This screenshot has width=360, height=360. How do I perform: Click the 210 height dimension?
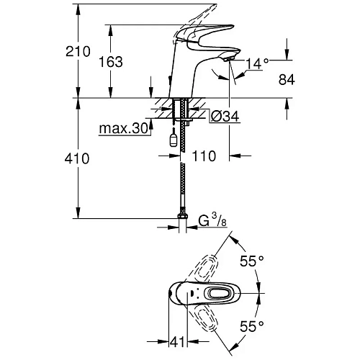[x=78, y=51]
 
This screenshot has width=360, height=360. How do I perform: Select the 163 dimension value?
[x=111, y=62]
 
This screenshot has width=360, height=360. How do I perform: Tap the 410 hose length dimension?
[x=77, y=158]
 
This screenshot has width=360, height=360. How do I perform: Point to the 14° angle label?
[x=257, y=63]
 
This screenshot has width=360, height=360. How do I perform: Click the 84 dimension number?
[x=287, y=79]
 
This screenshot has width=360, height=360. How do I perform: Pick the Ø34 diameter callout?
[x=225, y=117]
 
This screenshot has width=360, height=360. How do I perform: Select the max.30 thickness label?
[x=123, y=128]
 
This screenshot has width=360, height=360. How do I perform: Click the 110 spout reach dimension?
[x=204, y=156]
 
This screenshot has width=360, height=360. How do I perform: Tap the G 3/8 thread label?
[x=212, y=220]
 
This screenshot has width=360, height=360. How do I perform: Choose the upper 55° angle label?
[x=252, y=261]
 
